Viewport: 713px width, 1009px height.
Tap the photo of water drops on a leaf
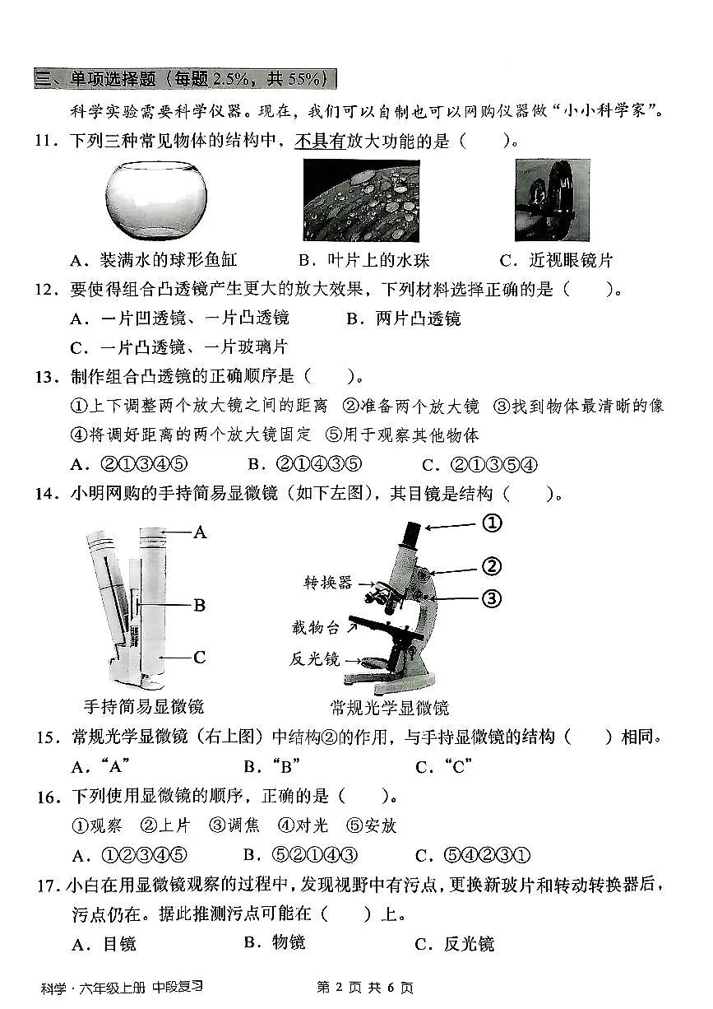tap(361, 200)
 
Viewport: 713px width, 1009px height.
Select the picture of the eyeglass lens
tap(552, 200)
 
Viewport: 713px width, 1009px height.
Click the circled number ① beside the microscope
tap(491, 523)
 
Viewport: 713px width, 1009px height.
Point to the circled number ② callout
tap(491, 566)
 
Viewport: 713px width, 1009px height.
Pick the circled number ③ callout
tap(491, 598)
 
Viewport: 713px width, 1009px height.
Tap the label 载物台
tap(315, 627)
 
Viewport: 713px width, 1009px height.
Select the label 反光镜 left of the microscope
tap(315, 659)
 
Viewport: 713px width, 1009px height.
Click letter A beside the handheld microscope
tap(199, 532)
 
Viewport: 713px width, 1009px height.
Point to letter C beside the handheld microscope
tap(199, 658)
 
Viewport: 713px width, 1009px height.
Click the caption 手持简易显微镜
tap(144, 706)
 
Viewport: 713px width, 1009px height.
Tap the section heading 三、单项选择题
tap(185, 79)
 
